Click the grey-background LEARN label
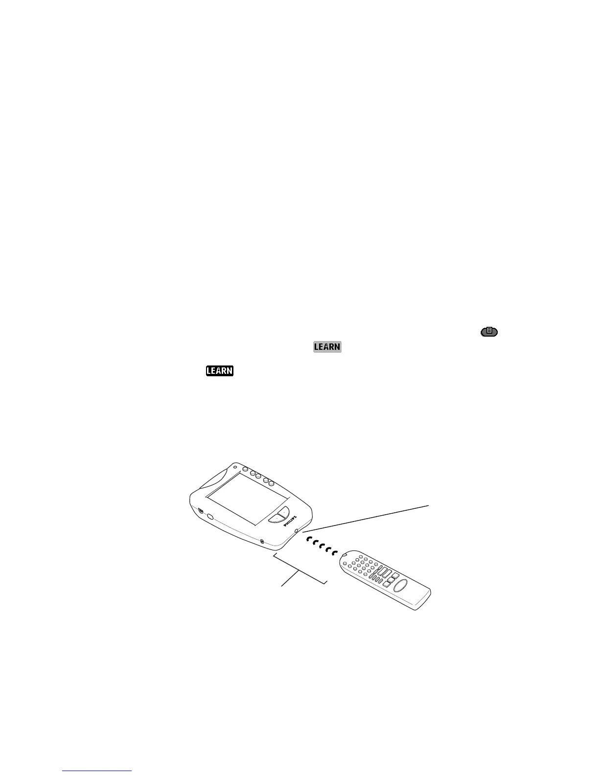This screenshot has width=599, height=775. tap(327, 347)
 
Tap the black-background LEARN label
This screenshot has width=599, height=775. tap(220, 371)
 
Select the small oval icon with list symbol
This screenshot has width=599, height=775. tap(489, 332)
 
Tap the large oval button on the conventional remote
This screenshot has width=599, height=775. tap(400, 586)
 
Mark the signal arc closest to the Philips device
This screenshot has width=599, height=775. tap(309, 539)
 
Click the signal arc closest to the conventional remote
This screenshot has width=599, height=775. tap(335, 553)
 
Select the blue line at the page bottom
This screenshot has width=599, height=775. tap(97, 771)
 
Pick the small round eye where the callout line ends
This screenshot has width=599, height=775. tap(297, 531)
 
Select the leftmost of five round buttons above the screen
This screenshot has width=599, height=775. tap(246, 469)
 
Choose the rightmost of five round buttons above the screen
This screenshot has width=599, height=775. tap(272, 484)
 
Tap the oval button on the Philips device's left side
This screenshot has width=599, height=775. tap(210, 517)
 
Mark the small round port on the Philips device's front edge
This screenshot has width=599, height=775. tap(262, 541)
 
